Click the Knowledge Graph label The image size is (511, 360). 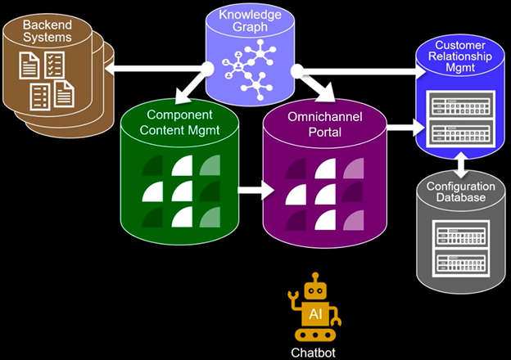251,20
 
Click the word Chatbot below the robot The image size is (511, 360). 314,353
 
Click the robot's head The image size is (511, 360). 314,290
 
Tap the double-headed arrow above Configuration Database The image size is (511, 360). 462,167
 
